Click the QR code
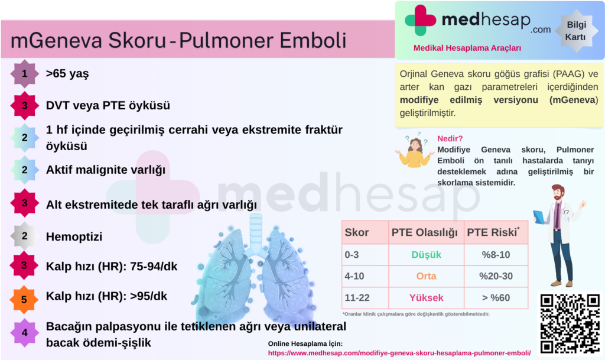coord(570,323)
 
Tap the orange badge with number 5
coord(24,300)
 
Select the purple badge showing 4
coord(24,333)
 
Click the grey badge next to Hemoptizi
coord(24,236)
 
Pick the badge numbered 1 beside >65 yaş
coord(24,73)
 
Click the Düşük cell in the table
coord(426,255)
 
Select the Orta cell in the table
coord(426,276)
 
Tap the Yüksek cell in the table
coord(426,298)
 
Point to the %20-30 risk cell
coord(496,276)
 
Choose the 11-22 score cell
coord(365,298)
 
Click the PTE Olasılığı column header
coord(424,232)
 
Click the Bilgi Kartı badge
coord(575,31)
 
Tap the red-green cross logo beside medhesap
coord(420,20)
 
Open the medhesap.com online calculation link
coord(399,353)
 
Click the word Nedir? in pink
coord(450,138)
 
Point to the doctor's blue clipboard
coord(539,217)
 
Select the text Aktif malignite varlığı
coord(105,170)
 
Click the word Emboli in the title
coord(313,40)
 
